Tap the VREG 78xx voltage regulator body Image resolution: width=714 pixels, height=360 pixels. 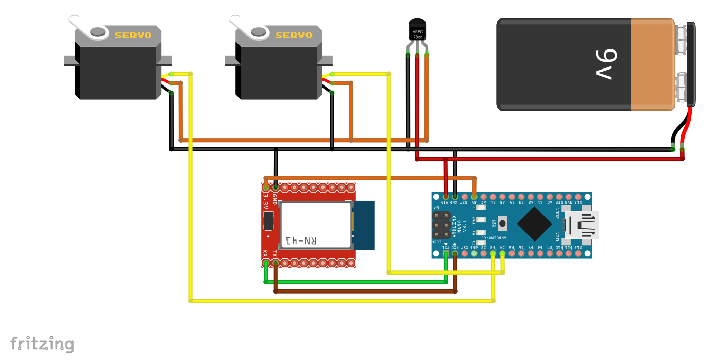point(417,30)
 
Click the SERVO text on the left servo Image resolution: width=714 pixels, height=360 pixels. point(133,36)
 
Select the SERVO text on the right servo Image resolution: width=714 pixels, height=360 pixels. point(294,36)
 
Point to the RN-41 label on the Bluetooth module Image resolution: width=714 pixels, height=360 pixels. point(301,241)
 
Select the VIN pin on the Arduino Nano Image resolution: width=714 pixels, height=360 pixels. point(446,196)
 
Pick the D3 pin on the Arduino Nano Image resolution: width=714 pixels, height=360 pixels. point(493,253)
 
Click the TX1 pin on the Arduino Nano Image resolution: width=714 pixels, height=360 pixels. point(446,253)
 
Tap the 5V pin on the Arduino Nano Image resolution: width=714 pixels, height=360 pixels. point(474,196)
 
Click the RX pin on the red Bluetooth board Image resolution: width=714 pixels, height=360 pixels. point(266,263)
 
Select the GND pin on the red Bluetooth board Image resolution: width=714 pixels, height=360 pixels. point(276,186)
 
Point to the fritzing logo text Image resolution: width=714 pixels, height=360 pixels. point(42,344)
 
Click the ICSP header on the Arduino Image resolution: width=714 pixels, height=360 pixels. point(441,225)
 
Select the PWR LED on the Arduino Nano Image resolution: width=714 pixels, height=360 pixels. point(481,220)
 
